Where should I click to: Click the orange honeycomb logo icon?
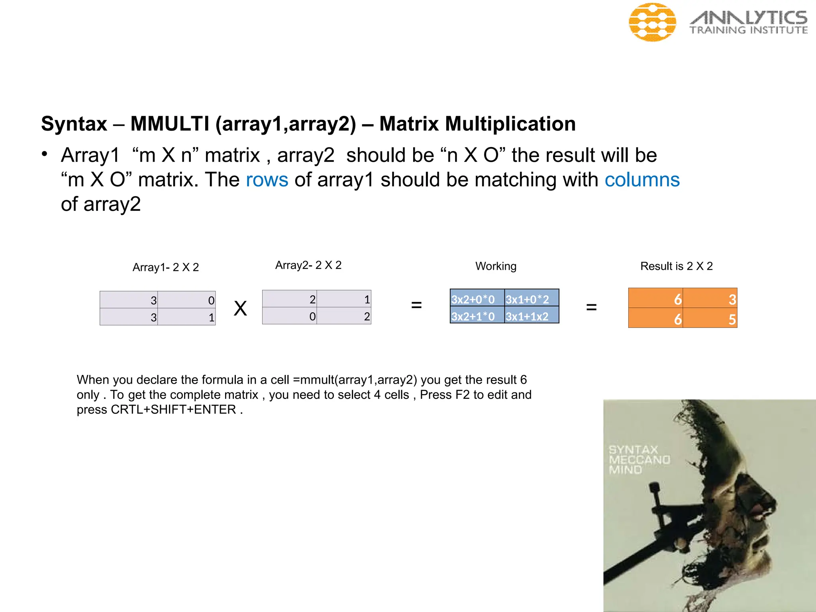[x=652, y=22]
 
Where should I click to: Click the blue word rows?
[x=267, y=180]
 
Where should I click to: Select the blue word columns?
[x=642, y=180]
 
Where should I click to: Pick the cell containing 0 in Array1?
[x=186, y=300]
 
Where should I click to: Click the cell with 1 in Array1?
[x=186, y=317]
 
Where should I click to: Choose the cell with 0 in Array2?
[x=289, y=316]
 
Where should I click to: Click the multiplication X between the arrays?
[x=240, y=308]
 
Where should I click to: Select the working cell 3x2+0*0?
[x=477, y=299]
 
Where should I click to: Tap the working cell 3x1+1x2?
[x=532, y=316]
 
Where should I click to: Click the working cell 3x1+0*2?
[x=532, y=299]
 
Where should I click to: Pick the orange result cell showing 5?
[x=710, y=319]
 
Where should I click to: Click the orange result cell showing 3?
[x=710, y=299]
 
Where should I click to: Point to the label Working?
[x=496, y=266]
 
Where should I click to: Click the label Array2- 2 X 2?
[x=308, y=265]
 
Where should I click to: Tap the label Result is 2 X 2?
[x=676, y=266]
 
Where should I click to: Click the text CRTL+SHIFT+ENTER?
[x=174, y=410]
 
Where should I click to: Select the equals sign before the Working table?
[x=416, y=306]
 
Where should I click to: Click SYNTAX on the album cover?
[x=633, y=450]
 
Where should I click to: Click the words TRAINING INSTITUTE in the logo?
[x=748, y=30]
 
